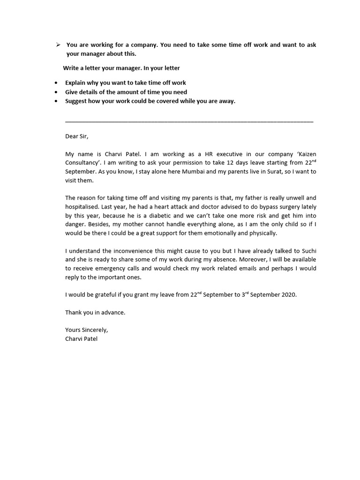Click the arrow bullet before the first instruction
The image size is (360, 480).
click(x=57, y=45)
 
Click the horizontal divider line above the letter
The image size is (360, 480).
click(x=189, y=122)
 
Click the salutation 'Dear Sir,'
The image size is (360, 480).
click(x=76, y=136)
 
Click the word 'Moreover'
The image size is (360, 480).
click(x=247, y=260)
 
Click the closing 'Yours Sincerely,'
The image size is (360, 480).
click(x=86, y=330)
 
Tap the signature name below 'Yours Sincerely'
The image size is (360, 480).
click(x=81, y=339)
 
